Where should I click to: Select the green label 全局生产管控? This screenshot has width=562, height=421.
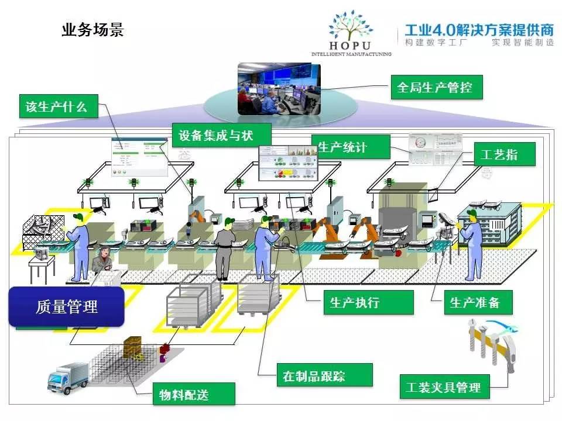pyautogui.click(x=435, y=88)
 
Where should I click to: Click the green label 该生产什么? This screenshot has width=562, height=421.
pyautogui.click(x=57, y=106)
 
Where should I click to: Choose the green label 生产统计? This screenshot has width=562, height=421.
pyautogui.click(x=349, y=147)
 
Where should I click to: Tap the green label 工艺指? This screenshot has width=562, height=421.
pyautogui.click(x=496, y=154)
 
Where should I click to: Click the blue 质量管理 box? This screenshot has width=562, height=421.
pyautogui.click(x=66, y=306)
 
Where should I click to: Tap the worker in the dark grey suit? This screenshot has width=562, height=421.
pyautogui.click(x=224, y=251)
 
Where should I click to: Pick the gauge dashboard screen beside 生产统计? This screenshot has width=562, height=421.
pyautogui.click(x=435, y=150)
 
